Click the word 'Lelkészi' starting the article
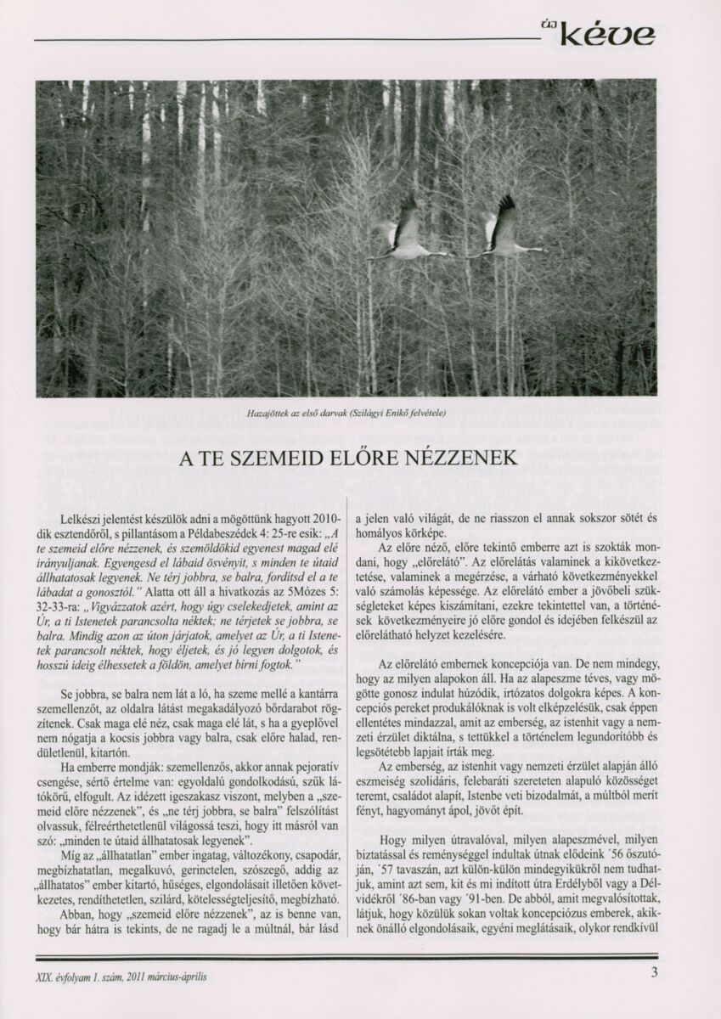(82, 518)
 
